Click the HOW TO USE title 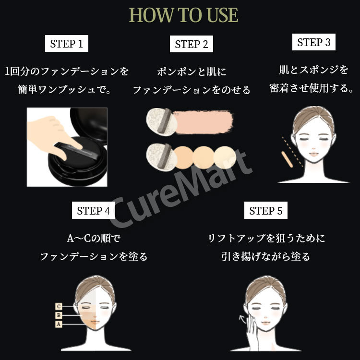coord(183,15)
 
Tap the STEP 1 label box coord(67,43)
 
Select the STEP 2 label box coord(192,44)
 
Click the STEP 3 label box coord(314,42)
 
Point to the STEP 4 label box coord(94,210)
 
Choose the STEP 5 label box coord(266,210)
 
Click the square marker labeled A coord(59,324)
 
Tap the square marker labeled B coord(59,315)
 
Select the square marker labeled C coord(59,307)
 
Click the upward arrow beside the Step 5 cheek coord(242,319)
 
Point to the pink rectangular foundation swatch coord(203,122)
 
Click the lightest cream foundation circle coord(225,157)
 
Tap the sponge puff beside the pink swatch coord(162,122)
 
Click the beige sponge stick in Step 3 coord(287,159)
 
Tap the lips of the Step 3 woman coord(313,154)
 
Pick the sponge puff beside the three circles coord(162,157)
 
